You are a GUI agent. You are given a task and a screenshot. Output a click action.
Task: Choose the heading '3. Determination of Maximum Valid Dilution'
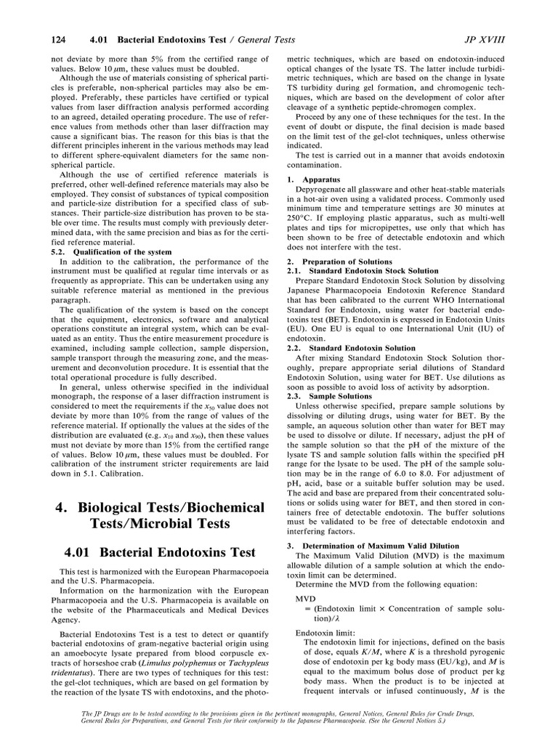[x=368, y=545]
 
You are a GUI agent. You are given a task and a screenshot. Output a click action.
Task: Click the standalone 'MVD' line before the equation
[x=305, y=597]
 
